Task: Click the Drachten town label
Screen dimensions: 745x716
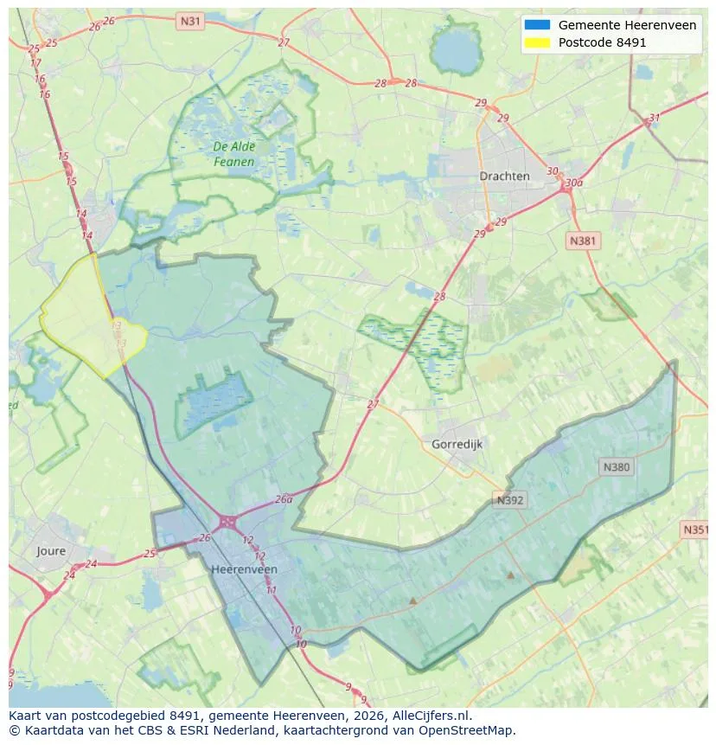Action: tap(504, 176)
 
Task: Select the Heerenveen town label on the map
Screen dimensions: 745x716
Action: tap(245, 569)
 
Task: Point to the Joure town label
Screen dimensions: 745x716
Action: tap(51, 550)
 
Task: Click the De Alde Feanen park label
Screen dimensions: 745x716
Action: tap(233, 154)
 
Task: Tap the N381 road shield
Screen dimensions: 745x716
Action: tap(583, 241)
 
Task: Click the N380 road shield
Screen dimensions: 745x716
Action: tap(617, 467)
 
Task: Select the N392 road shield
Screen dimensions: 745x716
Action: tap(509, 500)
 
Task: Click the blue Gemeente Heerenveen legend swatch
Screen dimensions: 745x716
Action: tap(537, 25)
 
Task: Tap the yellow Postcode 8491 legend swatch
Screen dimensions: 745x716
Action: tap(537, 42)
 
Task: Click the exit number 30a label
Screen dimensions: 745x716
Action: tap(573, 183)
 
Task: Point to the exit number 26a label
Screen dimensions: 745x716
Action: tap(284, 499)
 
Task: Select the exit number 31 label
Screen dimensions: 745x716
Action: tap(654, 119)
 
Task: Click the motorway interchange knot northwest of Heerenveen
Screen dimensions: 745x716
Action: tap(227, 522)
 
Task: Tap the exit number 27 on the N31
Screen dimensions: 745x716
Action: tap(284, 42)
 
